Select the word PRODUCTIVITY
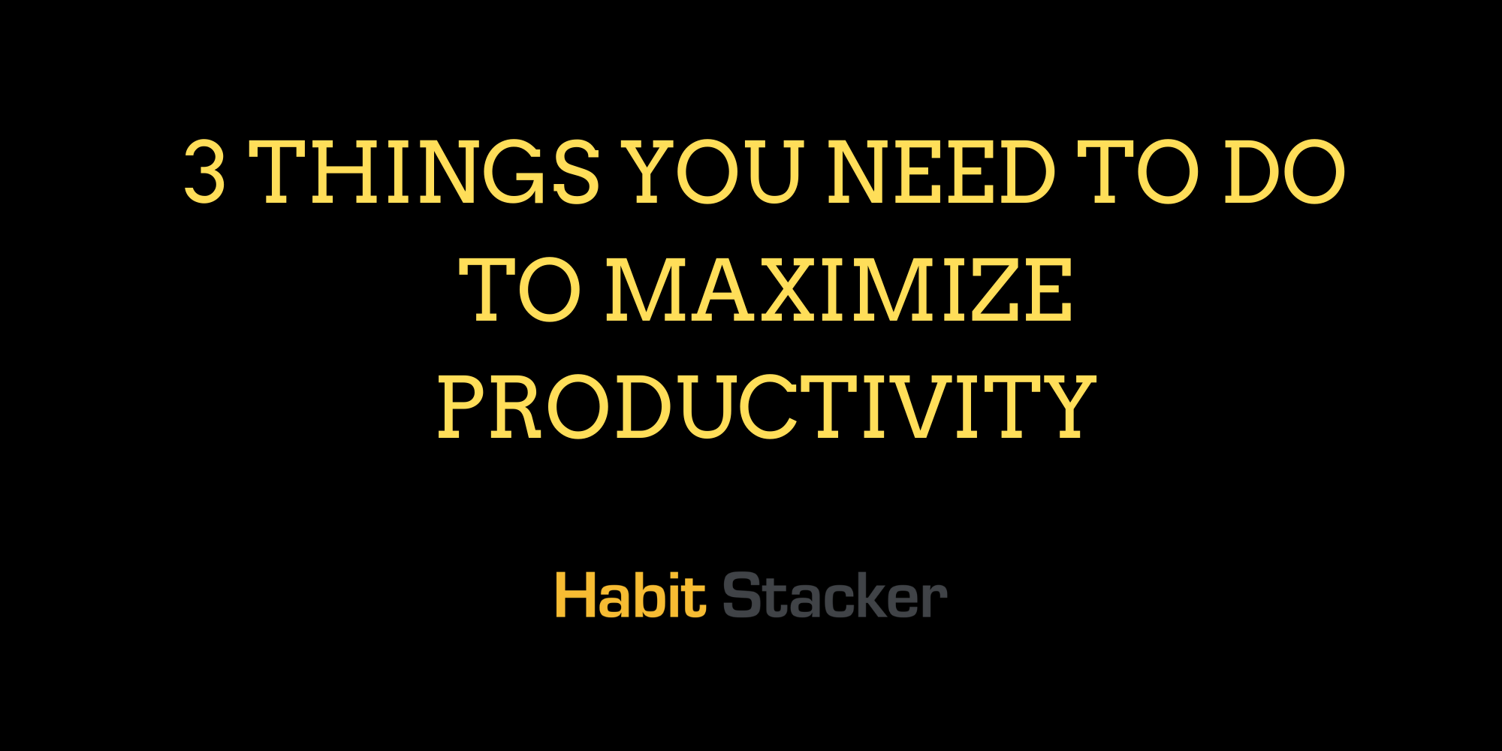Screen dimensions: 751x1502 click(766, 407)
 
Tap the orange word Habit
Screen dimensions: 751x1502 click(631, 596)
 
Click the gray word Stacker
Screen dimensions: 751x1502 click(834, 596)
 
